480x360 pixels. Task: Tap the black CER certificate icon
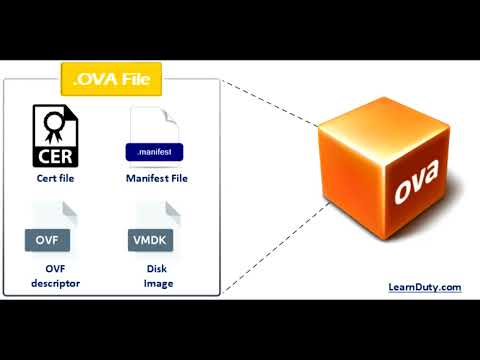[56, 137]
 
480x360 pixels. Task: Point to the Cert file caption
[56, 179]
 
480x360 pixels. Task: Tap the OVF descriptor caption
[56, 276]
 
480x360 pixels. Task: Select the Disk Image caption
[156, 276]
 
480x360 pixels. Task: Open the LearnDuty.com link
[424, 287]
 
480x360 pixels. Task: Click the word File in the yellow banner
[145, 78]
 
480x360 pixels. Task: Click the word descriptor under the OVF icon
[56, 283]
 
